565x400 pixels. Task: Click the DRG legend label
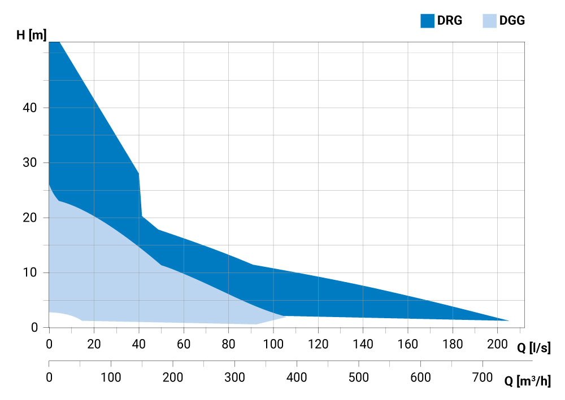pos(450,21)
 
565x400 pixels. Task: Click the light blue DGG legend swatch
pos(489,21)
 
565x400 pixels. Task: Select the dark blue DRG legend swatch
pos(427,21)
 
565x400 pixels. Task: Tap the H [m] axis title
pos(31,35)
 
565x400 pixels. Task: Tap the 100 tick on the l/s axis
pos(273,344)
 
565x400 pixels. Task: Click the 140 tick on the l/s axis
pos(363,344)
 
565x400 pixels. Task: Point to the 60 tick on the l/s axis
pos(184,344)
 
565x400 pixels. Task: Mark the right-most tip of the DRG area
pos(508,320)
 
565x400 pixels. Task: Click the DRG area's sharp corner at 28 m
pos(138,174)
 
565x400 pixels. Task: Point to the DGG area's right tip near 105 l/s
pos(286,317)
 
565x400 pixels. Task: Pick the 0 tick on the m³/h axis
pos(49,376)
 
